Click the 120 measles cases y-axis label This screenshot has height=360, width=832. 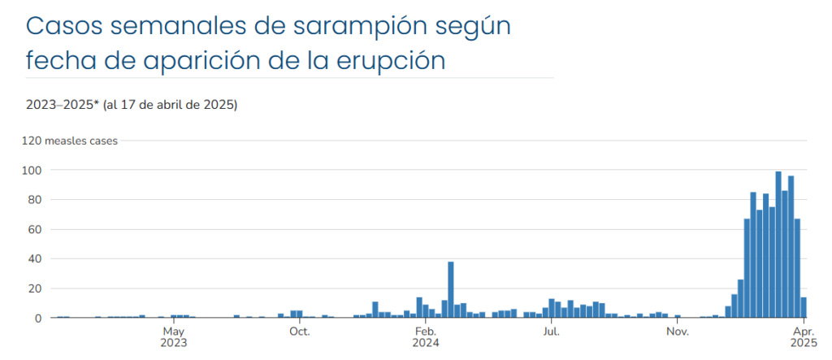70,141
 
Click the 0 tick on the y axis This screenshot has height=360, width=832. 37,319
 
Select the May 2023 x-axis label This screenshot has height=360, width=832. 174,336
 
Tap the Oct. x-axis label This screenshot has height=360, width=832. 300,332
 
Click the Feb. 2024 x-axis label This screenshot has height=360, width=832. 425,336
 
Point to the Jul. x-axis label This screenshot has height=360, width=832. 551,332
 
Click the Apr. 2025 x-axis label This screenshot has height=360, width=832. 803,336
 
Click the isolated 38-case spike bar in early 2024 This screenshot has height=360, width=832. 451,290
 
